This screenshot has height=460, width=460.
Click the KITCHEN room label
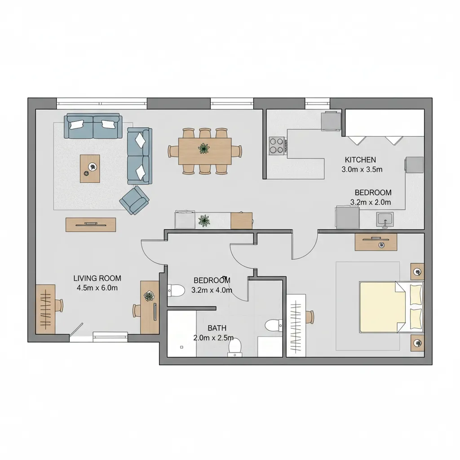click(360, 159)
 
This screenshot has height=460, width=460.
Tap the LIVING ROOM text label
click(97, 279)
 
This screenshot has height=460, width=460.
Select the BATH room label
click(217, 328)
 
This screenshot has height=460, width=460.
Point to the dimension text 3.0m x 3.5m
click(362, 169)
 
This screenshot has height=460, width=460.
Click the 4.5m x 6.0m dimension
click(97, 288)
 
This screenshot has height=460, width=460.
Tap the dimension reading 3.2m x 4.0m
click(212, 290)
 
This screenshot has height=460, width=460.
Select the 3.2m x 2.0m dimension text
click(371, 202)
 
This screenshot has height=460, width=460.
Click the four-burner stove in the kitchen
click(278, 146)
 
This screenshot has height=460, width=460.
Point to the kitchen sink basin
click(385, 220)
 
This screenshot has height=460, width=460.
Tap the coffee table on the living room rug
click(90, 168)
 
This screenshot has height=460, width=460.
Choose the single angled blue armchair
click(134, 199)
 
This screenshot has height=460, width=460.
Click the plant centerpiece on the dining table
click(204, 148)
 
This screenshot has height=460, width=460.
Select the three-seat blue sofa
click(93, 126)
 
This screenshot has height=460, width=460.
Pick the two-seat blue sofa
click(140, 156)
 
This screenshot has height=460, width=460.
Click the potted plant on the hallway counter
click(204, 220)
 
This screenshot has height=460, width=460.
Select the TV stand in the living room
click(91, 224)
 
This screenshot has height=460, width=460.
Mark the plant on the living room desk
click(149, 296)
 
